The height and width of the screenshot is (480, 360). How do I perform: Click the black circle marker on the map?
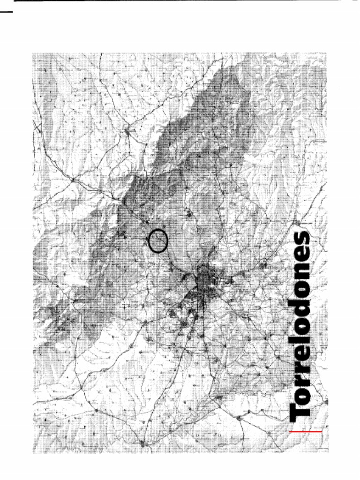pyautogui.click(x=158, y=241)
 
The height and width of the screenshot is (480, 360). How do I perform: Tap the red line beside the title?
pyautogui.click(x=306, y=431)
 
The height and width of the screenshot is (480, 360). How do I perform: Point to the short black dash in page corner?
pyautogui.click(x=6, y=11)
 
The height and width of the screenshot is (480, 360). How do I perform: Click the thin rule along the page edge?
pyautogui.click(x=178, y=1)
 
